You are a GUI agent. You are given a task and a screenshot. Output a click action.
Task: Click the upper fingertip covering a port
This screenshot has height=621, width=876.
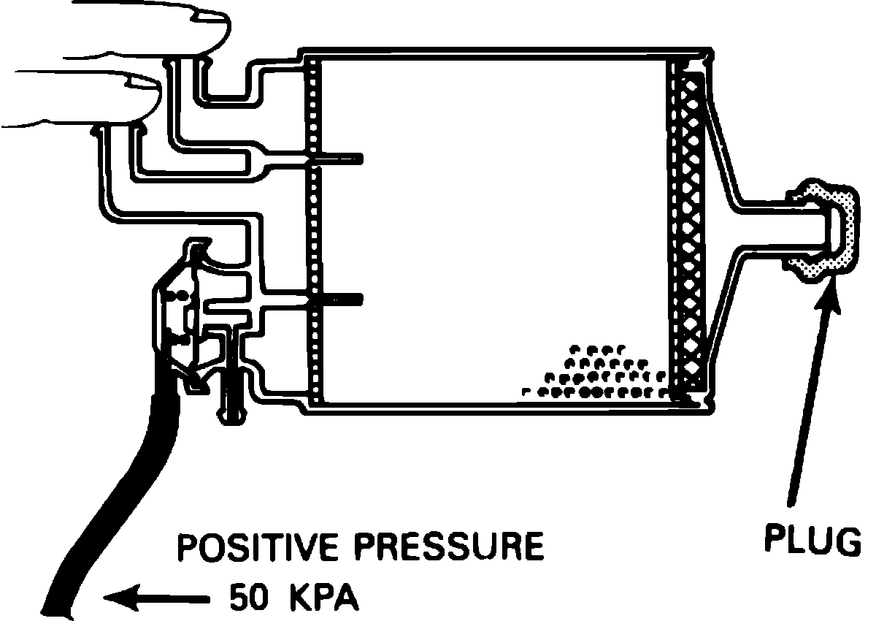point(197,29)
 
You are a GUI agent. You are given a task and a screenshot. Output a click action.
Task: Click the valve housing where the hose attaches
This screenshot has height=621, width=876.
point(182,314)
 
